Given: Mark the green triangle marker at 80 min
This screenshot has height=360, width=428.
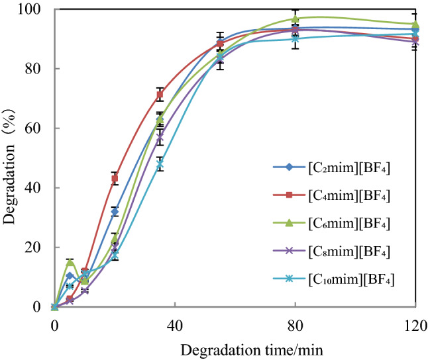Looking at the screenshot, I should point(295,19).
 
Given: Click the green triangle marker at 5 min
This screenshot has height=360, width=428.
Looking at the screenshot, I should point(70,262).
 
